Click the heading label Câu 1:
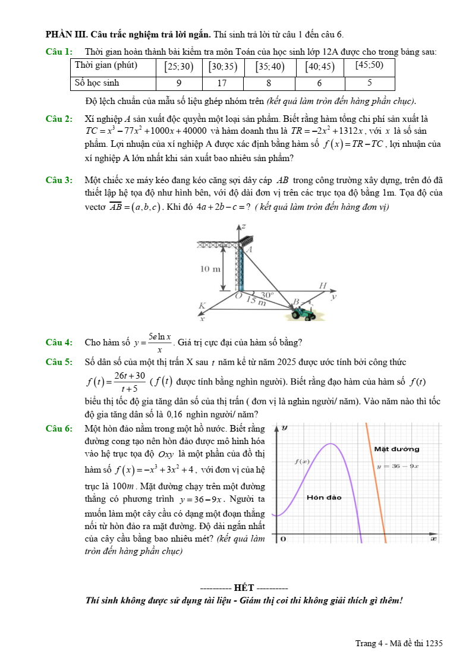(x=59, y=52)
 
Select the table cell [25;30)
(x=179, y=67)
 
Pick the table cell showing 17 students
(x=222, y=83)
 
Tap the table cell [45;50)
(x=369, y=65)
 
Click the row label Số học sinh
(x=97, y=83)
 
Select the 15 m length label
(x=256, y=302)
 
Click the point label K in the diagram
(x=202, y=306)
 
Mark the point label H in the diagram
(x=323, y=286)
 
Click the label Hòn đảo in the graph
(x=324, y=498)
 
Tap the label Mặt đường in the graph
(x=397, y=449)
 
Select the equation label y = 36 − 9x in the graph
(x=398, y=466)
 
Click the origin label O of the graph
(x=283, y=539)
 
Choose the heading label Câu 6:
(x=59, y=428)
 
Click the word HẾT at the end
(x=244, y=588)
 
